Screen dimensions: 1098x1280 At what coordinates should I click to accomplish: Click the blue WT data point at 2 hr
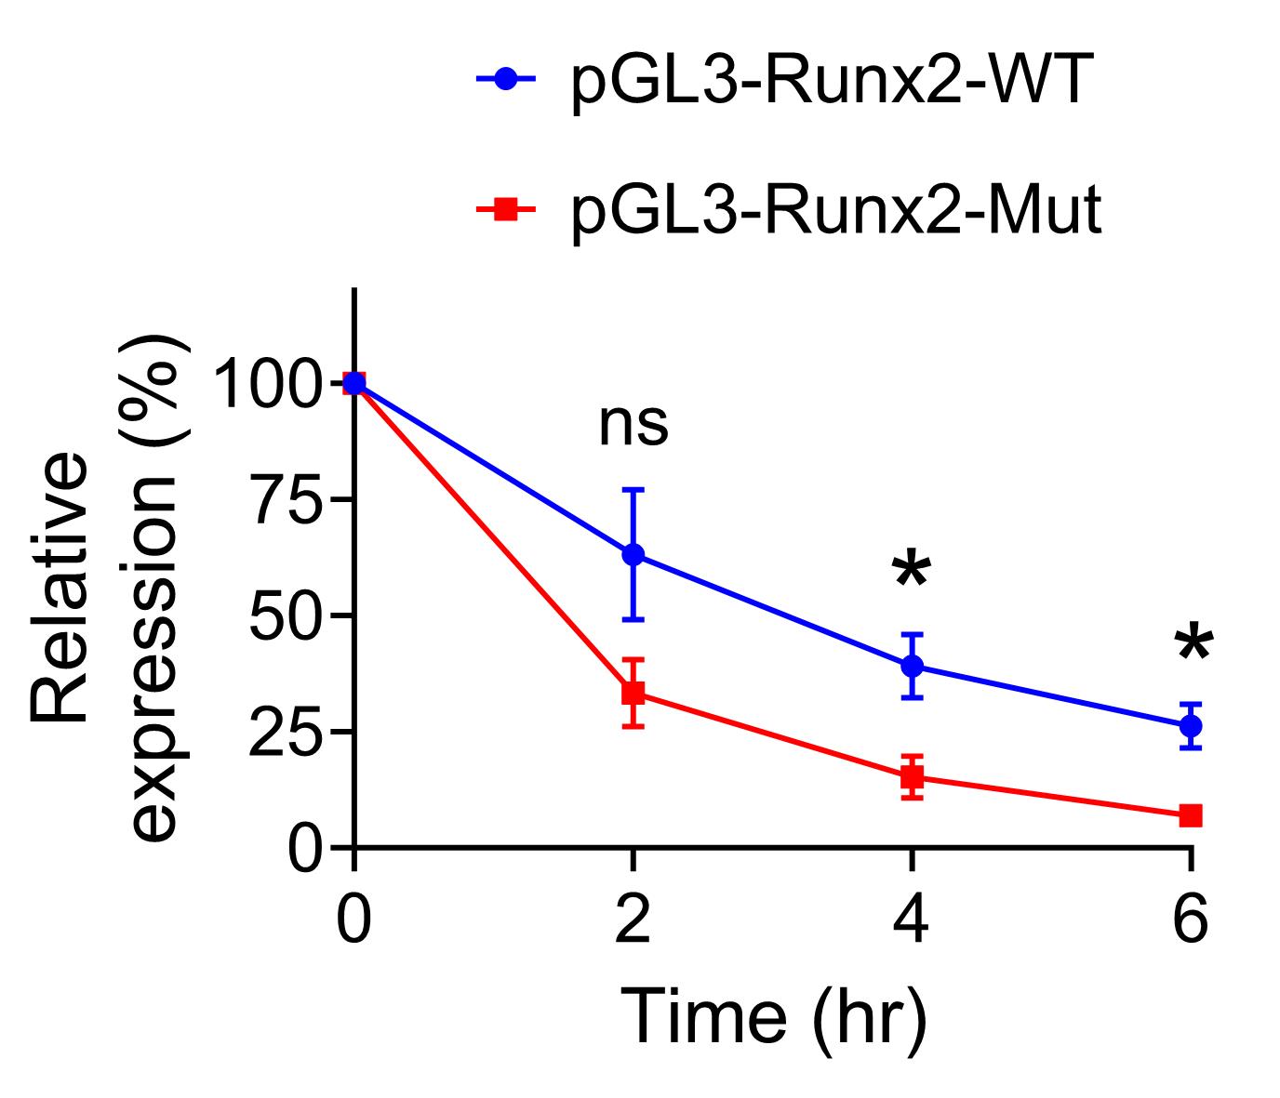point(633,554)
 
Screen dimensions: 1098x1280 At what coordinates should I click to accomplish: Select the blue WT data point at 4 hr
point(912,666)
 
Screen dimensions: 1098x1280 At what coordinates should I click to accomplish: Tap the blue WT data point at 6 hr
point(1191,725)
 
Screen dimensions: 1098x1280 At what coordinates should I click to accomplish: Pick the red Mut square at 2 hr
point(633,693)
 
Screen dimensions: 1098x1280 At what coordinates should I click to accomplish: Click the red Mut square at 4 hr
point(912,776)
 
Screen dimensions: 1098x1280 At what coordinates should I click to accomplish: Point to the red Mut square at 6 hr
point(1191,815)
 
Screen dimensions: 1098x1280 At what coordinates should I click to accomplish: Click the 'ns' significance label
point(633,424)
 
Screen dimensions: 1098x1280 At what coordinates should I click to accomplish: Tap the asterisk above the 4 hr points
point(911,571)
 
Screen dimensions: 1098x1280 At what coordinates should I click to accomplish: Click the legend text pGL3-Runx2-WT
point(826,81)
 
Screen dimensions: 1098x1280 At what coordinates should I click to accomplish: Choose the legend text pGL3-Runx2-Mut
point(835,211)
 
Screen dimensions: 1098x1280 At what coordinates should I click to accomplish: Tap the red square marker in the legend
point(506,211)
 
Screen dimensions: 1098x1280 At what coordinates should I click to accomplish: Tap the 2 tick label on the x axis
point(633,920)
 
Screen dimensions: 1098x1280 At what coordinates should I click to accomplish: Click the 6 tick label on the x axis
point(1191,920)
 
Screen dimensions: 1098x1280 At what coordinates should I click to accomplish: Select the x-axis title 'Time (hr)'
point(774,1016)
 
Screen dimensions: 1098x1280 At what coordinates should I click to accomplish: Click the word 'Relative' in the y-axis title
point(60,588)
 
